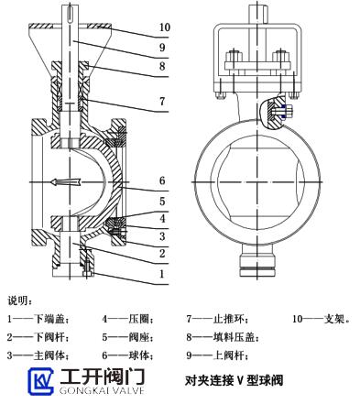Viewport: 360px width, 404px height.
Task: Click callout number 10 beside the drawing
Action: pyautogui.click(x=165, y=27)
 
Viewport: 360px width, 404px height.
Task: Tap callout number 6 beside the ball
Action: pyautogui.click(x=162, y=180)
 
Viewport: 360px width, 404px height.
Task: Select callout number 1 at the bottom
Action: pyautogui.click(x=162, y=274)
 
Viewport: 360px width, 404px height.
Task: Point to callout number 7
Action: pyautogui.click(x=162, y=101)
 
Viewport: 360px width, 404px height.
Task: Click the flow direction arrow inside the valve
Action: pyautogui.click(x=65, y=182)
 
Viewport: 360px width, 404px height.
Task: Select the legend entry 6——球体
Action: pyautogui.click(x=127, y=355)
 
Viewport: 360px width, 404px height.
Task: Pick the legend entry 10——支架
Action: pyautogui.click(x=322, y=319)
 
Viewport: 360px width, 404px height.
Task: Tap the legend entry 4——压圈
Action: pyautogui.click(x=127, y=320)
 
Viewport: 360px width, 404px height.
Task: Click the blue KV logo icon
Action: pyautogui.click(x=41, y=381)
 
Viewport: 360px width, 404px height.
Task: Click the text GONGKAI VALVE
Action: pyautogui.click(x=102, y=390)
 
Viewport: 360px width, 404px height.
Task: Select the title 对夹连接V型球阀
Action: pyautogui.click(x=234, y=380)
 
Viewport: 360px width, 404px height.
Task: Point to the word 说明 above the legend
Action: pyautogui.click(x=19, y=300)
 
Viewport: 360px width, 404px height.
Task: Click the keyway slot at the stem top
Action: pyautogui.click(x=70, y=14)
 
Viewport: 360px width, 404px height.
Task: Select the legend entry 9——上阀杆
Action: pyautogui.click(x=217, y=355)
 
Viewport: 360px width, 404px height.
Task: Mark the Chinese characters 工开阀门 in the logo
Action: pyautogui.click(x=102, y=377)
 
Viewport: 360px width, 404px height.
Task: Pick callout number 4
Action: pyautogui.click(x=162, y=218)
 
